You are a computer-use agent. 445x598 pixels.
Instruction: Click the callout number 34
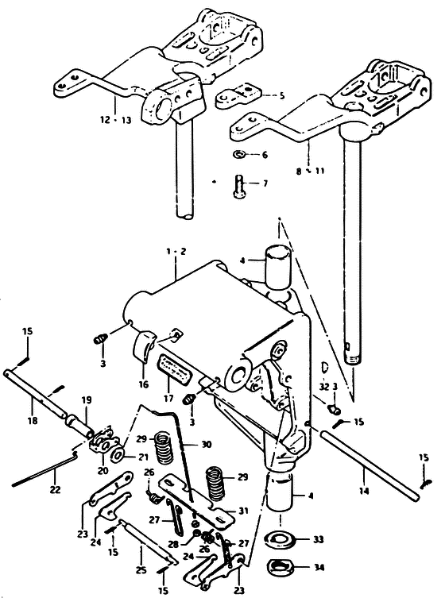(319, 567)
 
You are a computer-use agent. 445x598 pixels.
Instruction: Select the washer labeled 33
(281, 540)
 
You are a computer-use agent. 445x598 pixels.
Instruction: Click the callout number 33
(319, 539)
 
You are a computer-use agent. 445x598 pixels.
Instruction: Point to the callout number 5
(282, 95)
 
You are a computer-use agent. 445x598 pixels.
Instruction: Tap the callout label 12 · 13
(116, 120)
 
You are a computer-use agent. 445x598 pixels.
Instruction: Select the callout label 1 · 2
(176, 252)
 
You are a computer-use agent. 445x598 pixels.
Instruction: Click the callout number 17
(168, 399)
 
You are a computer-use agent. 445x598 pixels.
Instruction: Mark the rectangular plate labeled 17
(172, 371)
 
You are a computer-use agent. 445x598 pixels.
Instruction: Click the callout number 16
(144, 384)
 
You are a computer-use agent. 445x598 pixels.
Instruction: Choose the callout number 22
(56, 489)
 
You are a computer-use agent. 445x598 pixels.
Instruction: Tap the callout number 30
(207, 444)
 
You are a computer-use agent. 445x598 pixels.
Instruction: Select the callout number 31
(243, 511)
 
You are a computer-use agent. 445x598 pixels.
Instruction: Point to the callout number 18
(33, 421)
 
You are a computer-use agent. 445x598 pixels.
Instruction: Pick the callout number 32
(324, 386)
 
